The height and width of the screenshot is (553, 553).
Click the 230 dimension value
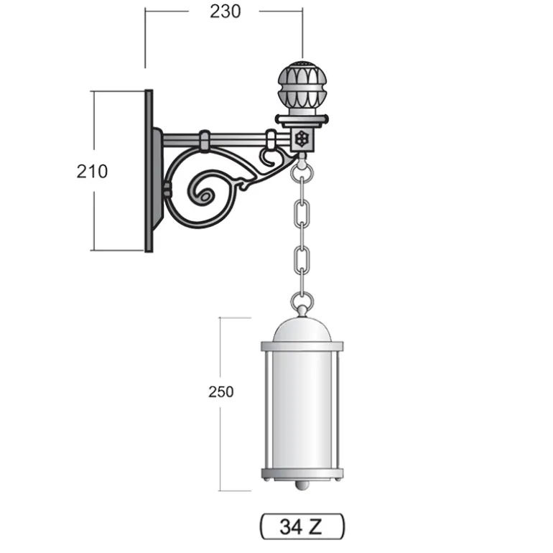226,11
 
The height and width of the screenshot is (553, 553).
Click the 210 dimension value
92,172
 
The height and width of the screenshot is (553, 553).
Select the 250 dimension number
220,392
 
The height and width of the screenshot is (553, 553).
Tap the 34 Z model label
301,526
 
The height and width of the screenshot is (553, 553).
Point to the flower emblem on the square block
302,138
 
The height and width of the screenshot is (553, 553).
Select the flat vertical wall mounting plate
149,171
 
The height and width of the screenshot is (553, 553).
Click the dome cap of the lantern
302,329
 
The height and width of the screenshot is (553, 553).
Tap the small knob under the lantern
302,485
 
